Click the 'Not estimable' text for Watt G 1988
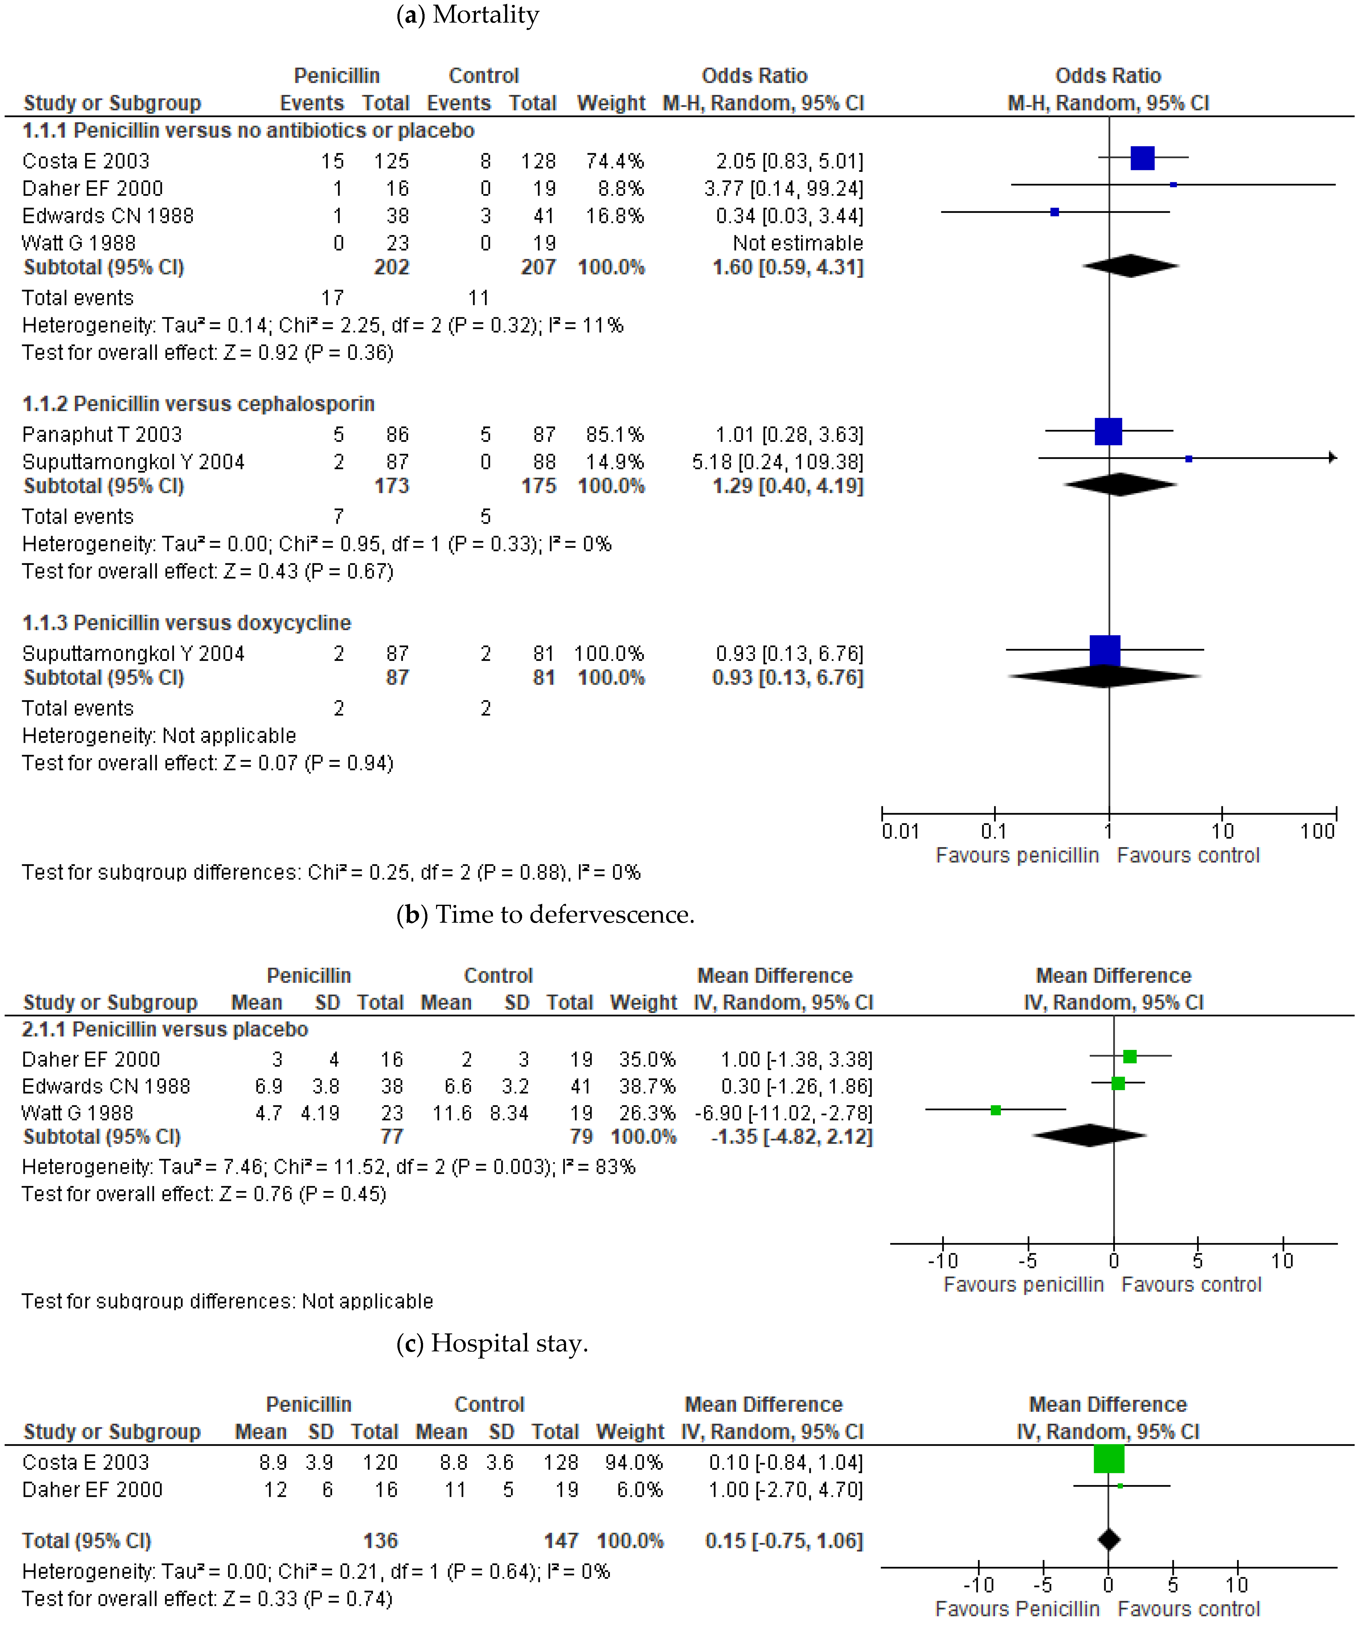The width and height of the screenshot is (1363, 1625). [798, 243]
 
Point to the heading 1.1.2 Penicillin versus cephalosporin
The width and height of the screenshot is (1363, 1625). [198, 404]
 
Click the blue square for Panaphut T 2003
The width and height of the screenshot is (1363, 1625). [1108, 431]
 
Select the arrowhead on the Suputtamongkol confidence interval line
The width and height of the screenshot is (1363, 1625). [1332, 457]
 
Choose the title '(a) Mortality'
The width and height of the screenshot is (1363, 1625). [467, 15]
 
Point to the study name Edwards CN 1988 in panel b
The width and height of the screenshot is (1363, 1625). [106, 1086]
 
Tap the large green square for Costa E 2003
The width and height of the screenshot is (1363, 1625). [1109, 1458]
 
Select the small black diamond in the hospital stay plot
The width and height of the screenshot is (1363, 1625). [1109, 1539]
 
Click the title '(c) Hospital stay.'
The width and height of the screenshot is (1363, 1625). [492, 1343]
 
